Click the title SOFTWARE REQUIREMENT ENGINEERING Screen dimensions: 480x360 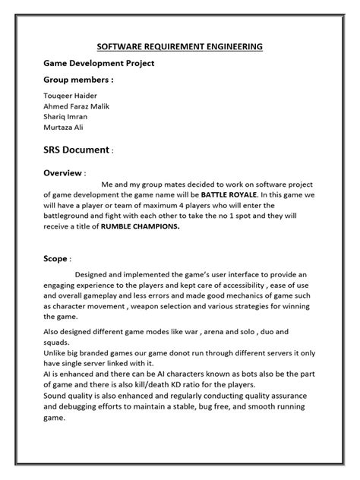[x=179, y=46]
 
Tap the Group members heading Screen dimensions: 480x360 [x=78, y=79]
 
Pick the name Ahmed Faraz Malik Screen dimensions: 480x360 [x=76, y=107]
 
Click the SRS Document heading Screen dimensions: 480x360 [x=77, y=150]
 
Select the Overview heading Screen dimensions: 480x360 [x=63, y=172]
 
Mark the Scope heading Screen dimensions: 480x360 [x=55, y=259]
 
